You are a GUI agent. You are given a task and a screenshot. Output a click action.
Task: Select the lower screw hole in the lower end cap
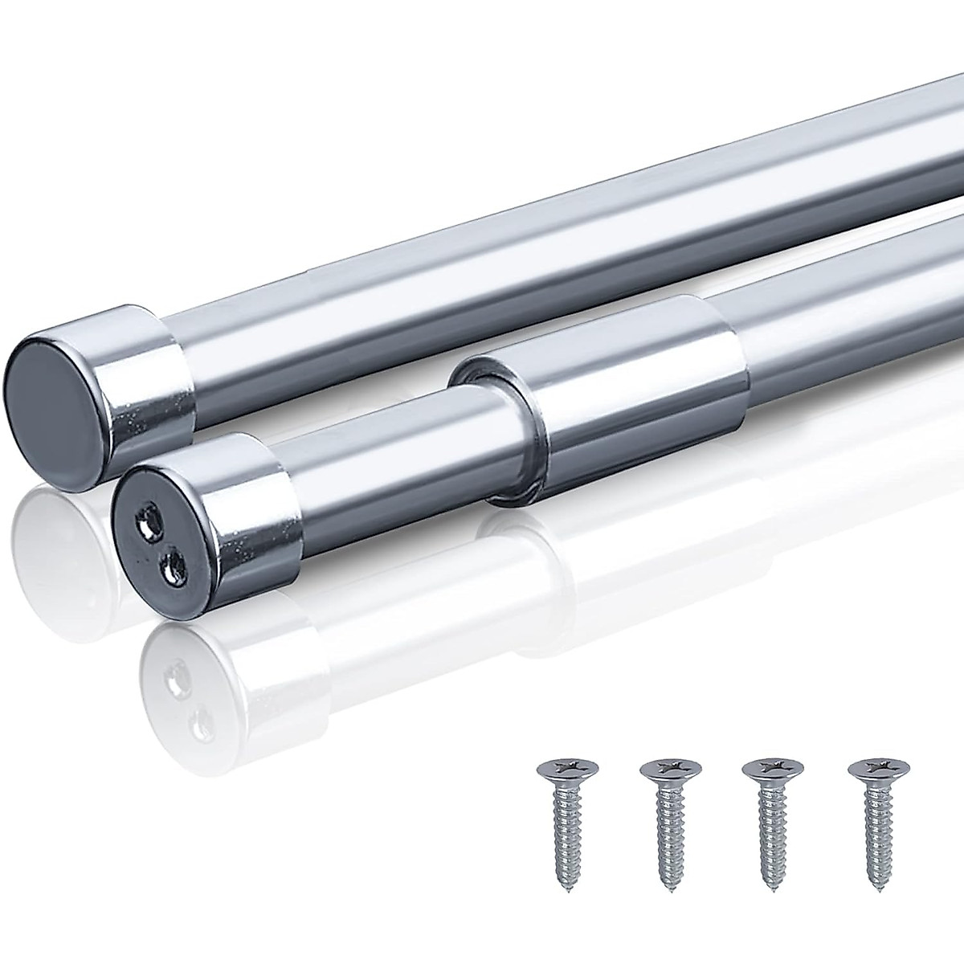point(171,571)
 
